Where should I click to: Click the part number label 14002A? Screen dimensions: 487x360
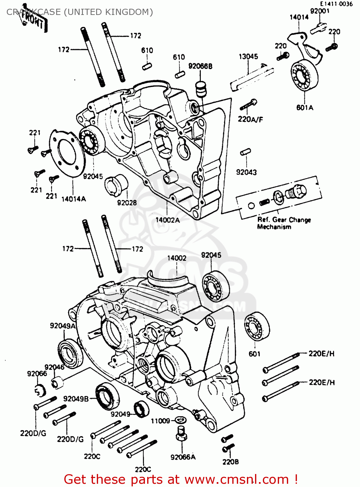[167, 220]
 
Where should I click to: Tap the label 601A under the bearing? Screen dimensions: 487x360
[305, 107]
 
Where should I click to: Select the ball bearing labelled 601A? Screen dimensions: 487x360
[304, 76]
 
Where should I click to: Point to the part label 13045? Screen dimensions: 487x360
[248, 56]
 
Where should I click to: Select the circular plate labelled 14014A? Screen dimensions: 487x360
[67, 153]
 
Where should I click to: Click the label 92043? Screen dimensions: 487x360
[246, 172]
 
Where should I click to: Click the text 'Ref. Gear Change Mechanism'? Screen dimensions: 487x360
[283, 223]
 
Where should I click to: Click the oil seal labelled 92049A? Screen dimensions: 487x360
[70, 353]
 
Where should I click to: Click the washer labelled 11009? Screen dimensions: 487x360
[181, 420]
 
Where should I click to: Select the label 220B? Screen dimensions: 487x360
[230, 462]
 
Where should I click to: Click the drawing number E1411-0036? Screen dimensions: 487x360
[336, 4]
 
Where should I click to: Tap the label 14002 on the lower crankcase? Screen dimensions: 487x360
[177, 258]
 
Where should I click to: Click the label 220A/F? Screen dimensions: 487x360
[250, 119]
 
